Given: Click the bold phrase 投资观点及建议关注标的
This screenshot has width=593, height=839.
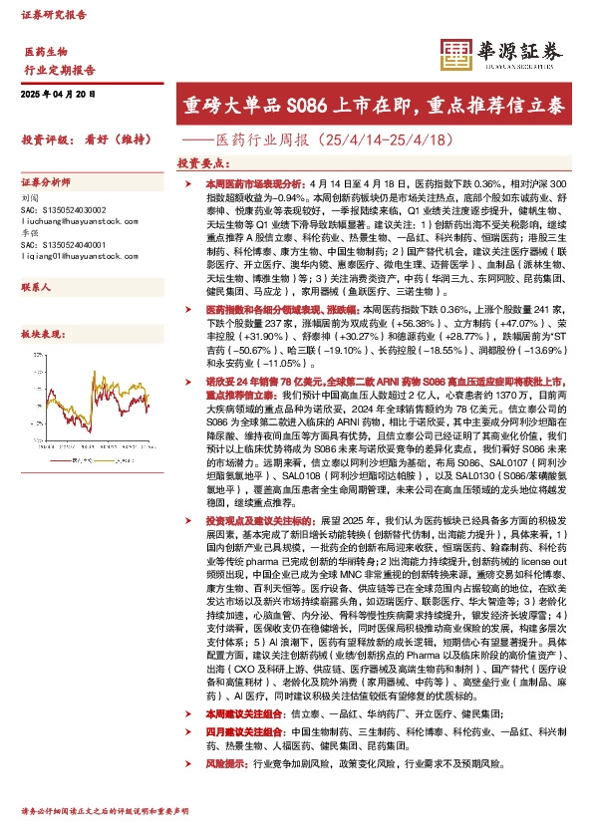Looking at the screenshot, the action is pyautogui.click(x=260, y=520).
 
